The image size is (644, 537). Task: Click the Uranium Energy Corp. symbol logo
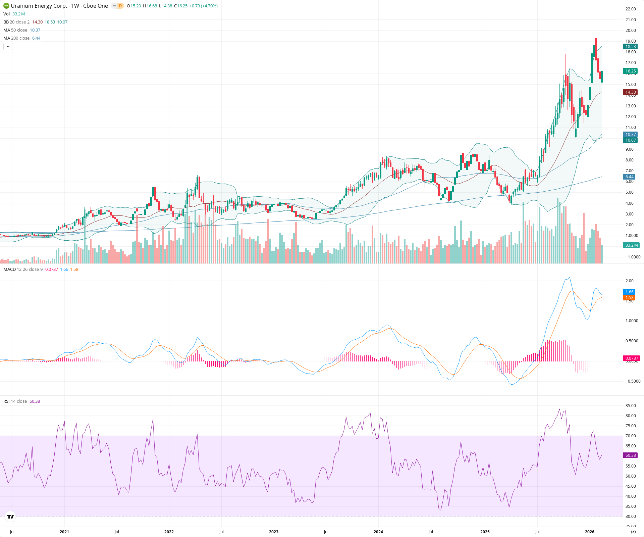[6, 6]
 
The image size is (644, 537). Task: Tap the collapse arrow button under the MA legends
[8, 47]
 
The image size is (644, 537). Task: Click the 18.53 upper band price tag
[630, 47]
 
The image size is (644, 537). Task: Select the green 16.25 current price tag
[630, 71]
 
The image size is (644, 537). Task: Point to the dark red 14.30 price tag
[630, 92]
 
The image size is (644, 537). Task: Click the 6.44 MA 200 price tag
[629, 177]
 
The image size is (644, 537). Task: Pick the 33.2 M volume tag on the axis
[631, 245]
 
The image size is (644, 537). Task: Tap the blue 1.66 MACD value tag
[629, 292]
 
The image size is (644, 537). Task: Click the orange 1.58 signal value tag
[629, 298]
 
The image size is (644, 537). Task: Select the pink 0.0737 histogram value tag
[631, 358]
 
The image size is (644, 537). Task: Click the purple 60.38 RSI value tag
[630, 455]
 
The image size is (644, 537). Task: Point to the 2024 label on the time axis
[378, 532]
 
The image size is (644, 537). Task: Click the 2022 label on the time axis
[169, 532]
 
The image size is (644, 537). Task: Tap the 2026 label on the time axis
[589, 532]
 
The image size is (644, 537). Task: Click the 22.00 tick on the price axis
[630, 9]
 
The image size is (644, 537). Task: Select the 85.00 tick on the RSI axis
[630, 406]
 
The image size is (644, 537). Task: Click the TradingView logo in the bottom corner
[10, 517]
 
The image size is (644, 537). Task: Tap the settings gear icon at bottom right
[633, 532]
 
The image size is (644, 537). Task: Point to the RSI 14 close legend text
[15, 401]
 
